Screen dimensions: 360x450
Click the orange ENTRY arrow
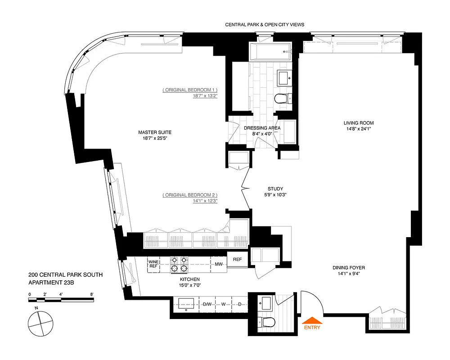[x=312, y=320]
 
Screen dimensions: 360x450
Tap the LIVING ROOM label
[x=358, y=123]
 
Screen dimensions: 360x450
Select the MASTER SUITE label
[x=155, y=132]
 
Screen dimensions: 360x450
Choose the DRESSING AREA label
[x=262, y=128]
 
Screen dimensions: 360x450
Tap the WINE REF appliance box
[x=153, y=264]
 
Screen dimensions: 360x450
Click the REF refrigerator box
[x=237, y=260]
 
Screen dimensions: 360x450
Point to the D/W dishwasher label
[x=207, y=305]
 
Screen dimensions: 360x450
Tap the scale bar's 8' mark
[x=91, y=294]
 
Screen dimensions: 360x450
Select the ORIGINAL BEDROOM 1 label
[x=190, y=90]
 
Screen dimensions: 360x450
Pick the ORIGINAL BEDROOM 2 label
[x=190, y=195]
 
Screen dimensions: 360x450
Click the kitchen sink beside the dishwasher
[x=185, y=304]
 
